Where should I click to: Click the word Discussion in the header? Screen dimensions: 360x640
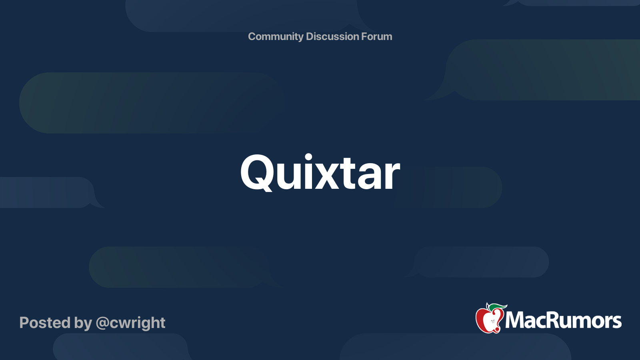(x=332, y=37)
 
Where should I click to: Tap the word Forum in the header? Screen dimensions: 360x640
(x=376, y=37)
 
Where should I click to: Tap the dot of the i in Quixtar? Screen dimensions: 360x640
(x=308, y=157)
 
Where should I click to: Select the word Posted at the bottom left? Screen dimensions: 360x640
(x=45, y=323)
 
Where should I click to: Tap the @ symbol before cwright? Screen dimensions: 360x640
(x=102, y=323)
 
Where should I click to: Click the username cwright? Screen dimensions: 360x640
(x=137, y=323)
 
